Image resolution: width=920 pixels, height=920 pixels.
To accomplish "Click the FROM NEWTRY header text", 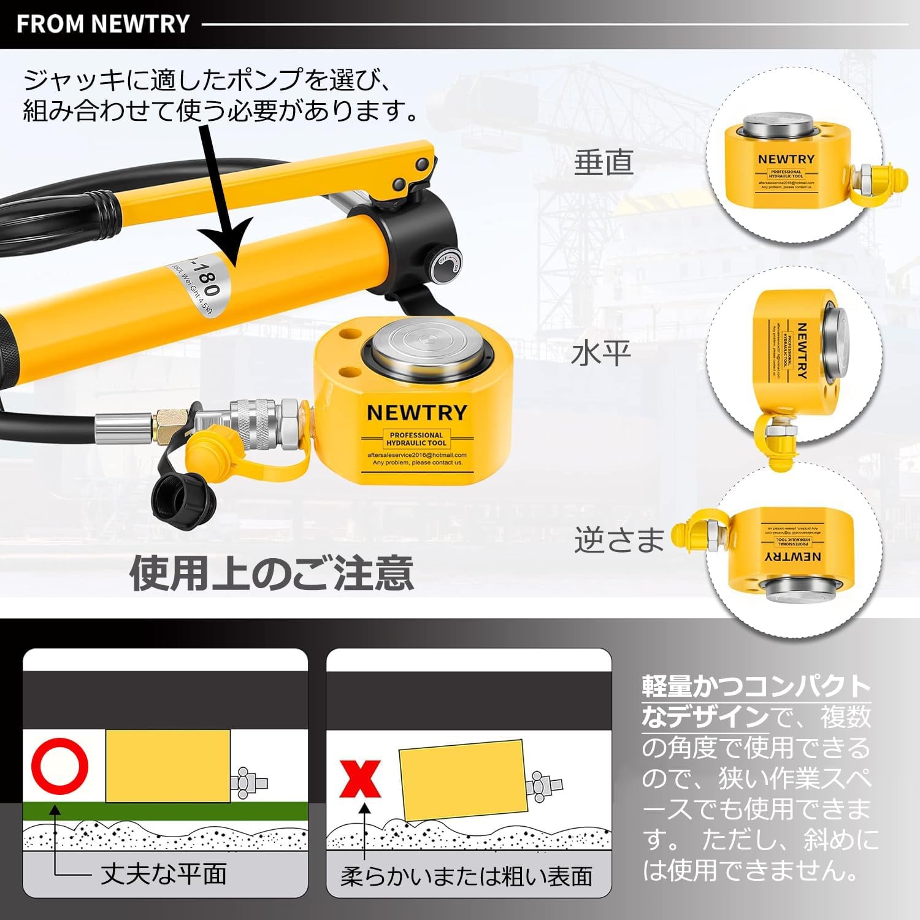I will coord(102,24).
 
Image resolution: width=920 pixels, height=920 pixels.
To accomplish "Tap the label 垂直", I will coord(603,162).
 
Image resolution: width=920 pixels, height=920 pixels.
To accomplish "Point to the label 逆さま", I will coord(619,539).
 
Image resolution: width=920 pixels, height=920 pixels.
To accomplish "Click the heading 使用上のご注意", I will coord(271,572).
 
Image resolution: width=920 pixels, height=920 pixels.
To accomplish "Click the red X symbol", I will coord(361,778).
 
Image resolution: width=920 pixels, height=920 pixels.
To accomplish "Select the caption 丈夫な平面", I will coord(164,873).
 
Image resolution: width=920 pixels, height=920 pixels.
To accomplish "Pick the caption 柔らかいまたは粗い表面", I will coord(467,876).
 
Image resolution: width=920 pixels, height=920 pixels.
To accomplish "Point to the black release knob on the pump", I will coord(447,268).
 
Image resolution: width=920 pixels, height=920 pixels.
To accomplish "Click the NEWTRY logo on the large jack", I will coord(417,413).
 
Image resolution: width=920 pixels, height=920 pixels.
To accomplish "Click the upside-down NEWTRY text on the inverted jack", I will coord(793,556).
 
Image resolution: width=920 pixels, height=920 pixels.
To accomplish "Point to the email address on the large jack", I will coord(417,455).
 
